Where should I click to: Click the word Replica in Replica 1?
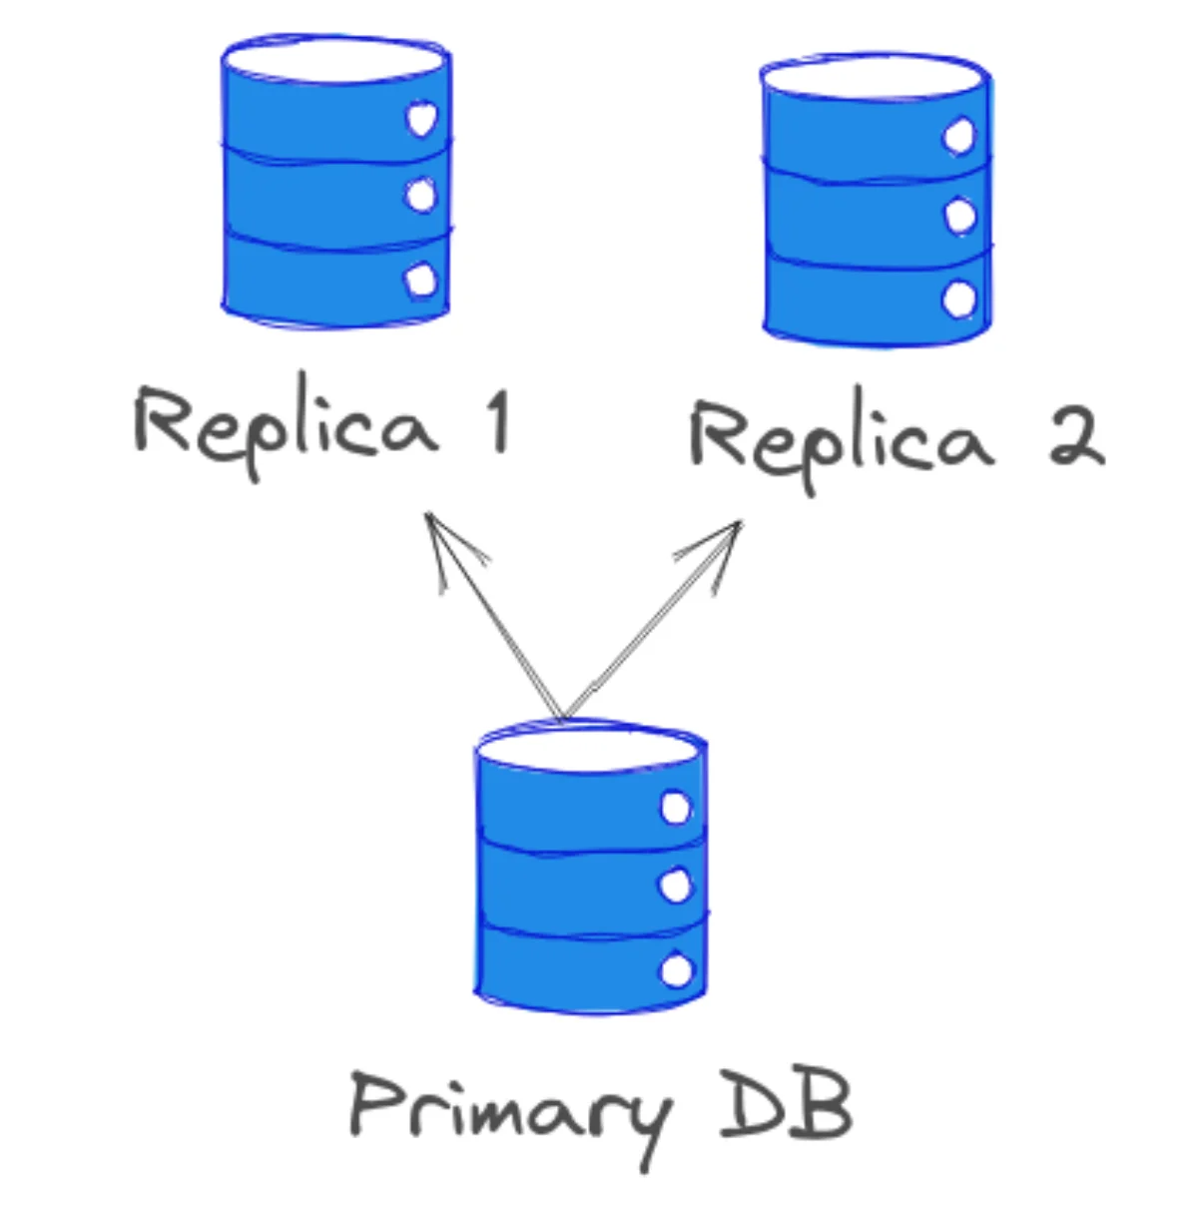click(285, 424)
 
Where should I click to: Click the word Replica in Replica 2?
click(841, 439)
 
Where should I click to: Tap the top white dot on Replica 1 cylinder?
click(421, 120)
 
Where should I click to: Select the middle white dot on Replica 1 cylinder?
click(421, 196)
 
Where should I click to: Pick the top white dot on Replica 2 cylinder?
click(959, 137)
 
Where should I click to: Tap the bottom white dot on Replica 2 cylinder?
click(959, 299)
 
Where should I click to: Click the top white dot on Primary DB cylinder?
click(677, 807)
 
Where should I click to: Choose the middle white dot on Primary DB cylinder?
click(677, 886)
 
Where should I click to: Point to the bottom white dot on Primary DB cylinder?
click(677, 969)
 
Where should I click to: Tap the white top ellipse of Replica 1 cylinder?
click(334, 62)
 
